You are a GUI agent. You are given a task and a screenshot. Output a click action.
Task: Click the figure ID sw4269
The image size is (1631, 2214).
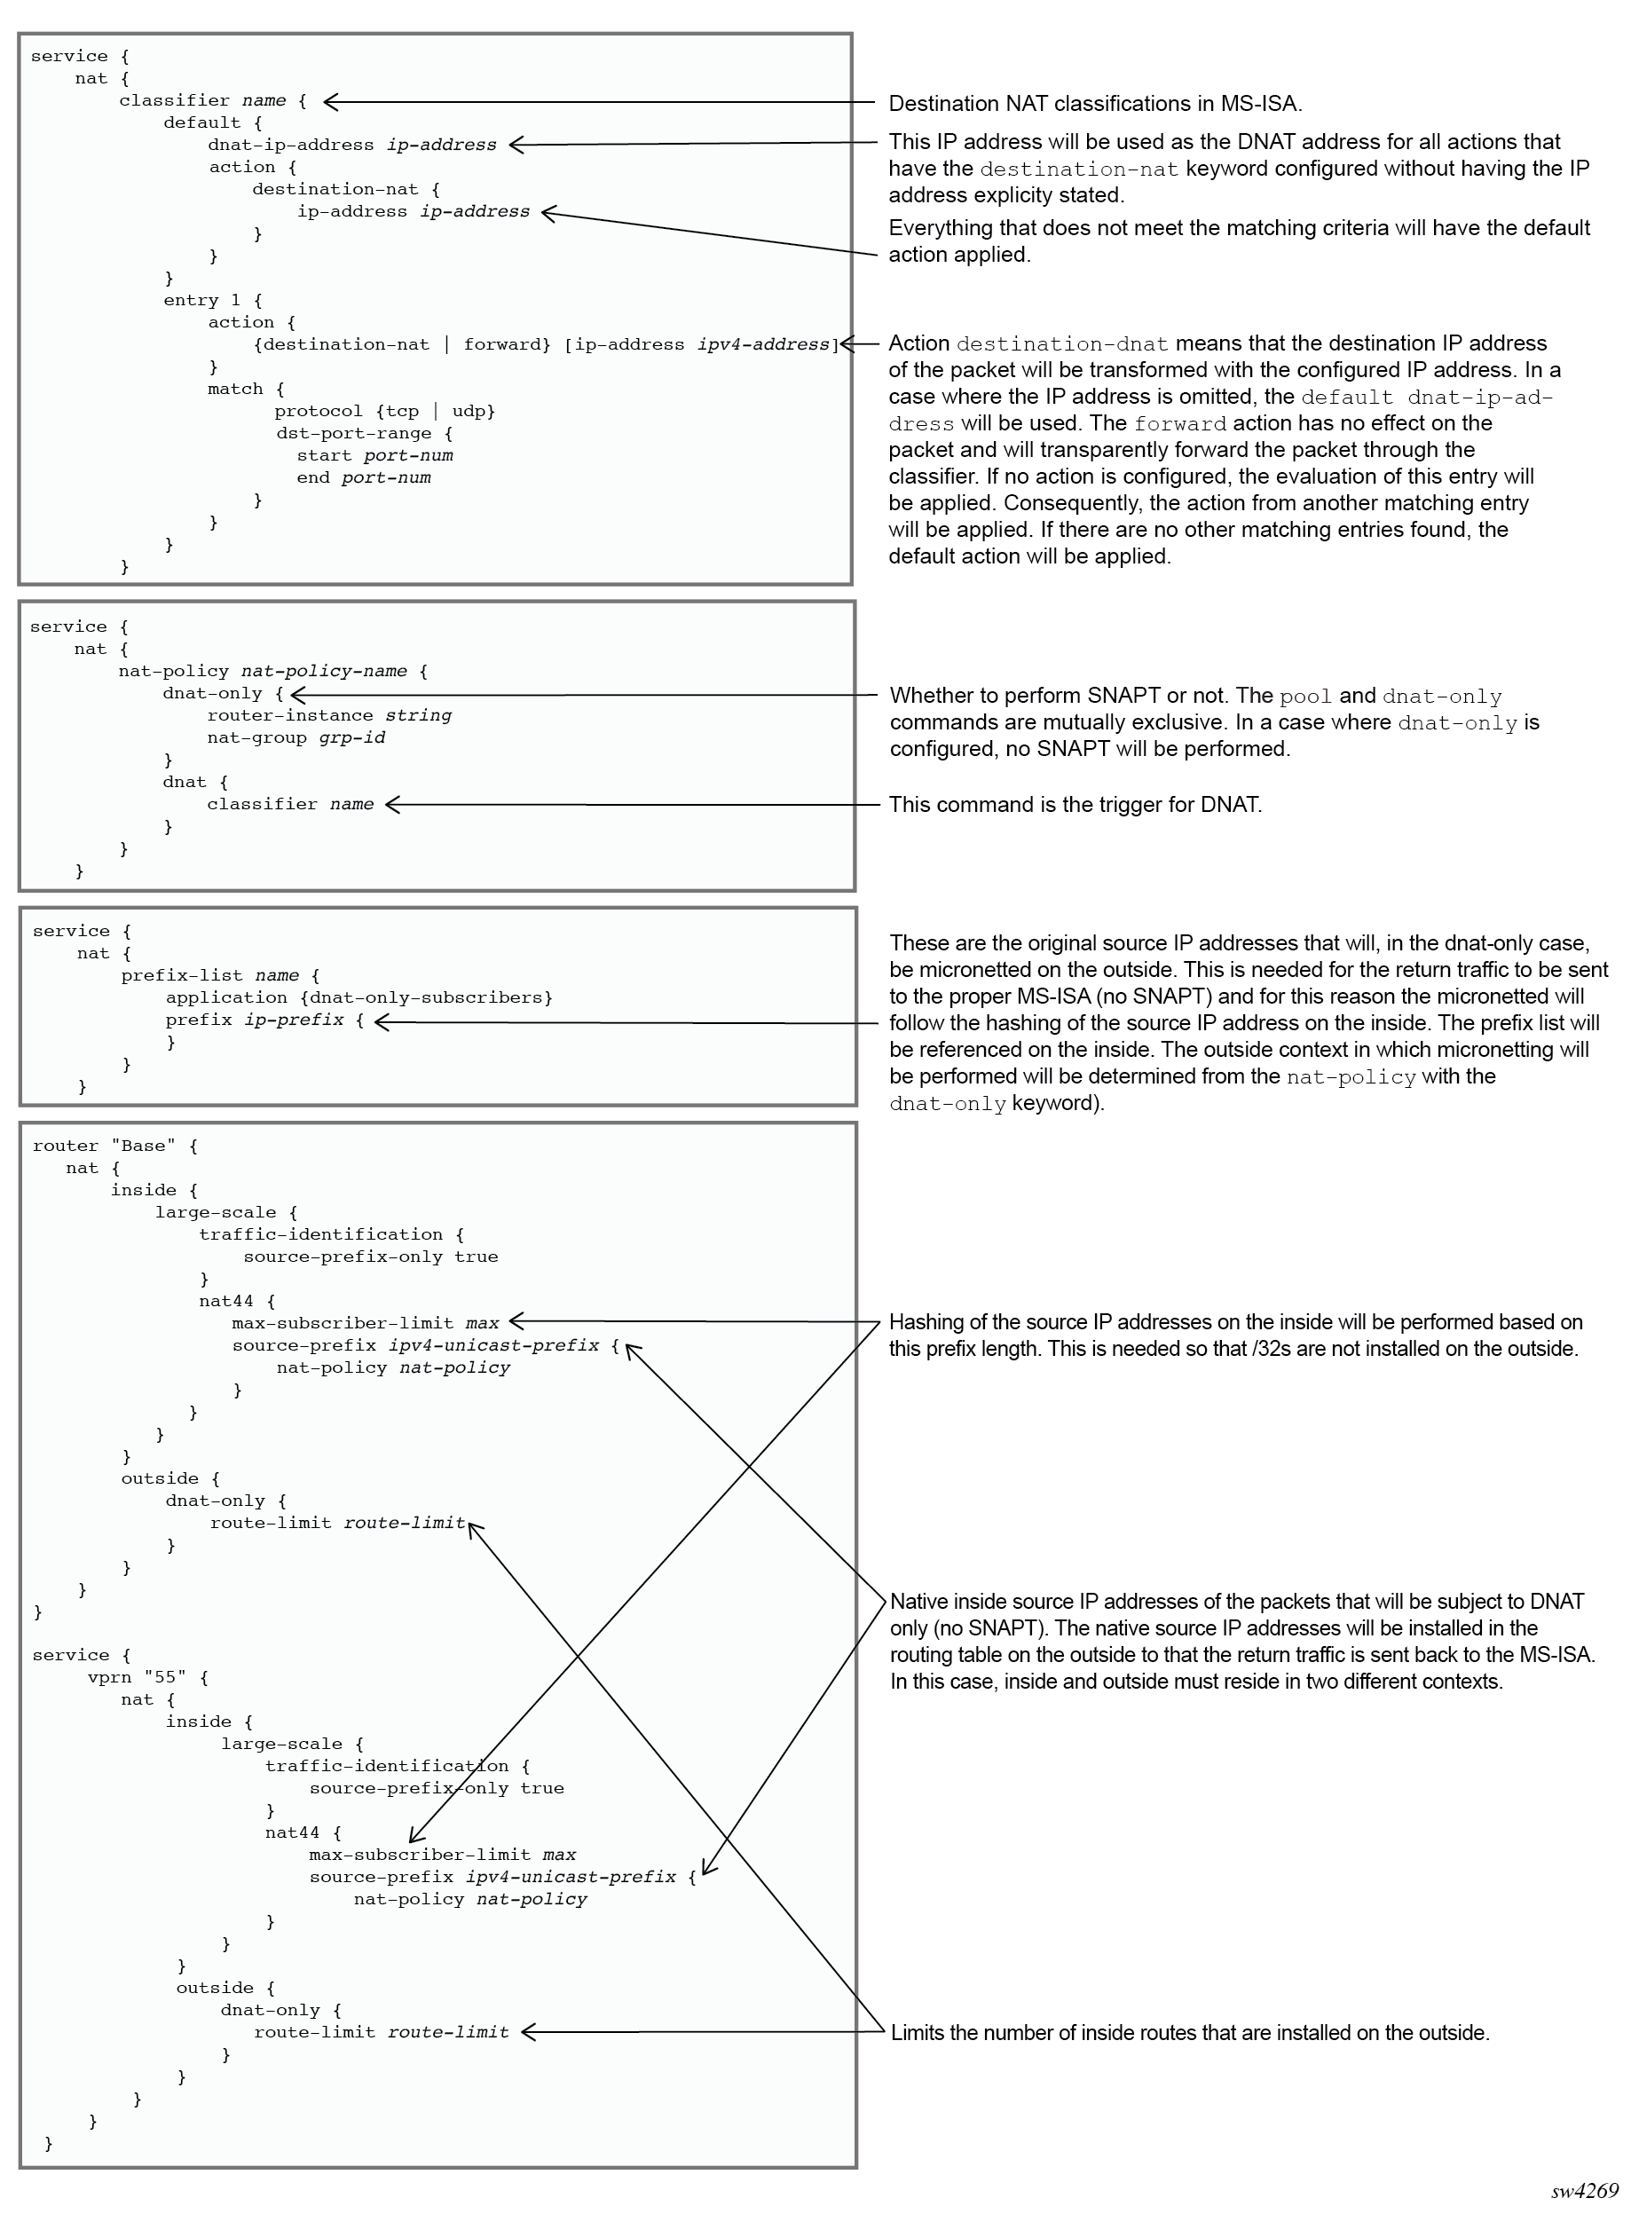1584,2191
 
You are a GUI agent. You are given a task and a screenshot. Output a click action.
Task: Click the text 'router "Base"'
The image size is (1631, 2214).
114,1146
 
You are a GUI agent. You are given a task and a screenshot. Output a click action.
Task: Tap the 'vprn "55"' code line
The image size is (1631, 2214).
148,1677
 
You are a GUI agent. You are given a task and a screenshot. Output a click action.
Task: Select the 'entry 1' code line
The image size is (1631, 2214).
212,300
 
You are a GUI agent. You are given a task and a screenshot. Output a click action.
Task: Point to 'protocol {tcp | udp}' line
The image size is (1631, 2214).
384,411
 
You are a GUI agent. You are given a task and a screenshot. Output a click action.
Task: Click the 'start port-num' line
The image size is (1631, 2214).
374,455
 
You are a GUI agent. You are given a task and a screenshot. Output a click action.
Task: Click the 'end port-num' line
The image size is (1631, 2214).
363,477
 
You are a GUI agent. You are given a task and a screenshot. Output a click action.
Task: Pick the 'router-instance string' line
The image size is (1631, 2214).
328,715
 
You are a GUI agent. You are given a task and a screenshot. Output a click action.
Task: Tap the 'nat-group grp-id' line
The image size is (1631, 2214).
295,737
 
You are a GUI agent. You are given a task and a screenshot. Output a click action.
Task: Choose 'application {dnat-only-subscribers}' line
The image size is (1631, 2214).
359,998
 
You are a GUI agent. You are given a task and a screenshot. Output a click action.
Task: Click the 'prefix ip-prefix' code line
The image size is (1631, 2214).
264,1020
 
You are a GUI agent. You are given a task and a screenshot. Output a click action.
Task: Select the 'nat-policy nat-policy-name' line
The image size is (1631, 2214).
272,671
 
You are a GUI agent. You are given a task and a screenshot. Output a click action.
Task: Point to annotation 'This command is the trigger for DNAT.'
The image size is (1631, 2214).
1074,805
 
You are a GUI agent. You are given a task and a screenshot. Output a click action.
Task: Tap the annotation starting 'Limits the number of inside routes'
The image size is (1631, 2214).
1190,2032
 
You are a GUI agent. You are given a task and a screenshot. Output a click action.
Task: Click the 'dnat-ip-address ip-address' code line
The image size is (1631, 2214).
351,146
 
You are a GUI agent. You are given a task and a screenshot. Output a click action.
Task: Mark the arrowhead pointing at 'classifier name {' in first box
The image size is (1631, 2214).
327,100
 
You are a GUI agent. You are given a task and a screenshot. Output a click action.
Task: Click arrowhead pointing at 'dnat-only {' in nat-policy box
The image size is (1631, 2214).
295,694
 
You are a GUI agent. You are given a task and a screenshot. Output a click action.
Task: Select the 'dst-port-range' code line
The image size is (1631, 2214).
363,433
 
